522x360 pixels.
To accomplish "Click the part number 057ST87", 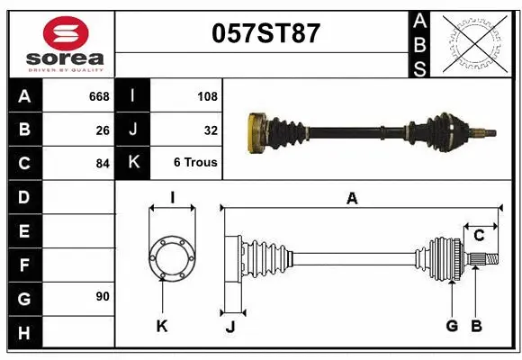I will tap(265, 34).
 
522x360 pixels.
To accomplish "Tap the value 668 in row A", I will tap(98, 96).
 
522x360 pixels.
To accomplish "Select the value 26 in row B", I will tap(103, 130).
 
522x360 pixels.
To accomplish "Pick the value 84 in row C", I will tap(102, 164).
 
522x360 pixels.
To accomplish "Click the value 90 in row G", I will tap(102, 296).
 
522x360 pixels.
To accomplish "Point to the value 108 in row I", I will tap(207, 96).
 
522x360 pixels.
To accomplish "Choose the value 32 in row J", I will tap(211, 130).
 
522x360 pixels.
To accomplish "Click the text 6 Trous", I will tap(195, 163).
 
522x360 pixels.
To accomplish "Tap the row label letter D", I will tap(24, 196).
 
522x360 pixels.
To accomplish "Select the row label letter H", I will tap(24, 334).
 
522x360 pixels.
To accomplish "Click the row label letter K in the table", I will tap(132, 163).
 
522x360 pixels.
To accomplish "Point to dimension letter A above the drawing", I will tap(352, 198).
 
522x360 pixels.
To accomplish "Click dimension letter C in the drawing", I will tap(480, 236).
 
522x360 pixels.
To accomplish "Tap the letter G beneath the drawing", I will tap(452, 326).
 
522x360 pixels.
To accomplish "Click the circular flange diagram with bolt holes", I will tap(171, 257).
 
